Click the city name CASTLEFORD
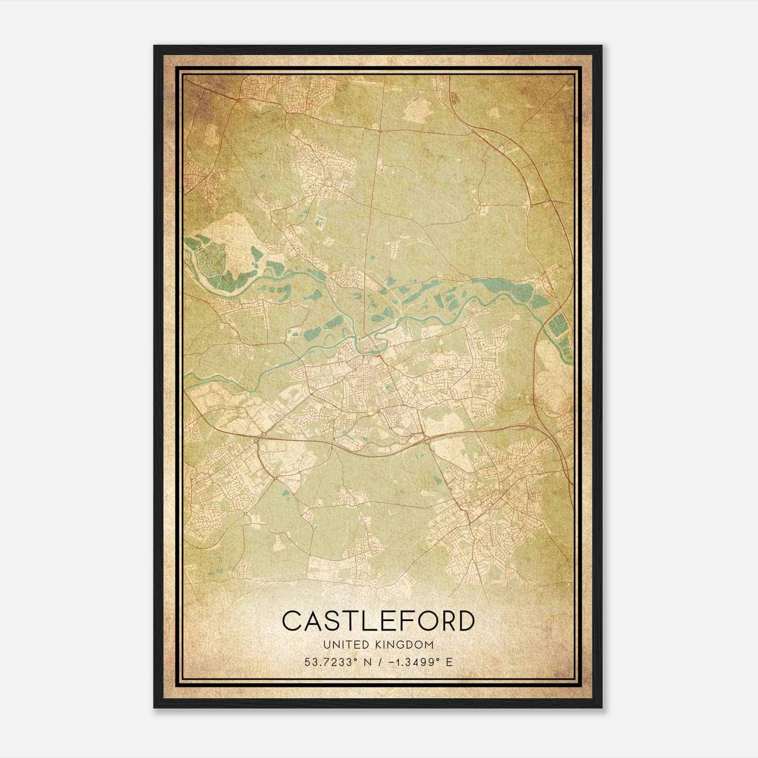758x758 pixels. (x=378, y=621)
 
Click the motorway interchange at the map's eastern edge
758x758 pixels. (x=550, y=201)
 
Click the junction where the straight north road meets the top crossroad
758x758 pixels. (x=379, y=129)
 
